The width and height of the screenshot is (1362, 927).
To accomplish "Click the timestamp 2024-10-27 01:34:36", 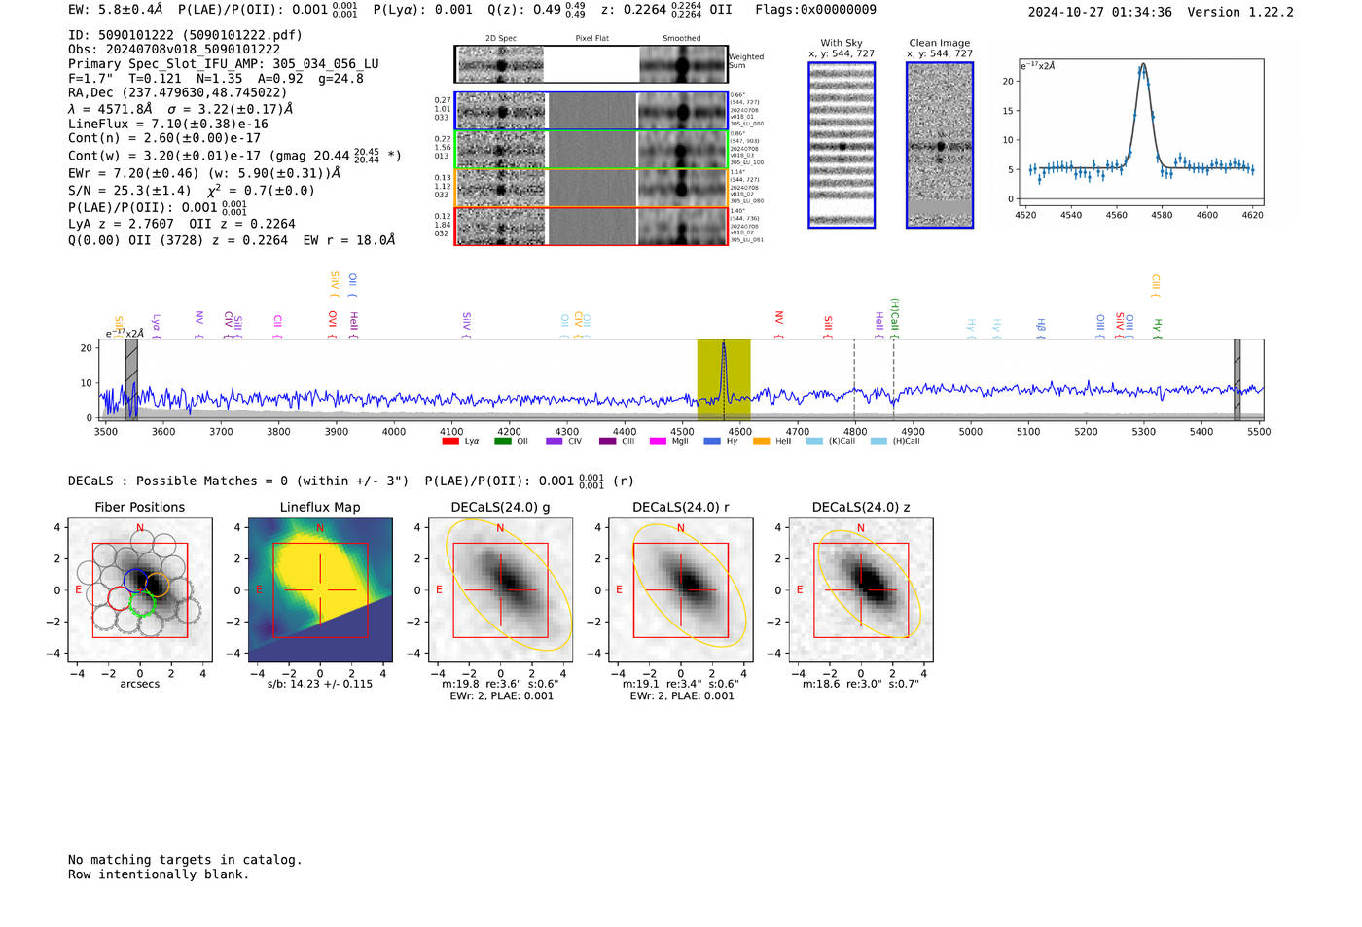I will (x=1099, y=12).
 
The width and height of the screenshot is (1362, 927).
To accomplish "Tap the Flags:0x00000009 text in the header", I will (x=815, y=9).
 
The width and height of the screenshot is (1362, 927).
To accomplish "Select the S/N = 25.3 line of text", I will (x=192, y=191).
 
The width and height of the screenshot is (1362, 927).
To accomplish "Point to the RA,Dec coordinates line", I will (x=177, y=93).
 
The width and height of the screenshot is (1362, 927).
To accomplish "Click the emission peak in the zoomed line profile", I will (x=1142, y=66).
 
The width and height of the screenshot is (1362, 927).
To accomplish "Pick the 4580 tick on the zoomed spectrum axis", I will (x=1162, y=215).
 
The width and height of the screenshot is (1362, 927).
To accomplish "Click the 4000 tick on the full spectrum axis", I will (x=394, y=431).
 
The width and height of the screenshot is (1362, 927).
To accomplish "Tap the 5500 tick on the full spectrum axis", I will (x=1259, y=431).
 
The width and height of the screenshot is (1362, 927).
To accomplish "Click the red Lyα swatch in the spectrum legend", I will (x=450, y=442).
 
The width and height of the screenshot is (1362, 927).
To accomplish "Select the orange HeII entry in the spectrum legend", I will (x=761, y=442).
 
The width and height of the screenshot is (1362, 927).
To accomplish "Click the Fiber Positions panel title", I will (x=139, y=507).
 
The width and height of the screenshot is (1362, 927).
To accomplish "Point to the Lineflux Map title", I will (x=320, y=507).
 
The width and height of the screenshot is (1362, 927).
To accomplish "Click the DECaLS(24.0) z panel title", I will (x=861, y=507).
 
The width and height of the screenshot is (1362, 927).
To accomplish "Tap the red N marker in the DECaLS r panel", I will (x=681, y=529).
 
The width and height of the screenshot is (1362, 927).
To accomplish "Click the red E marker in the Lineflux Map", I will (x=259, y=590).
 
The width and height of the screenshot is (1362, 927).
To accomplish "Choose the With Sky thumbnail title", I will (x=841, y=43).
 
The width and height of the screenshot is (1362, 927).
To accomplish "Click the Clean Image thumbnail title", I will (x=939, y=43).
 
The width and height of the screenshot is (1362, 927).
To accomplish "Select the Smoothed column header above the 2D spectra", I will (x=681, y=39).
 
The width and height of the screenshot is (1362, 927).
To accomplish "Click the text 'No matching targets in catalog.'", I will (x=185, y=860).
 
